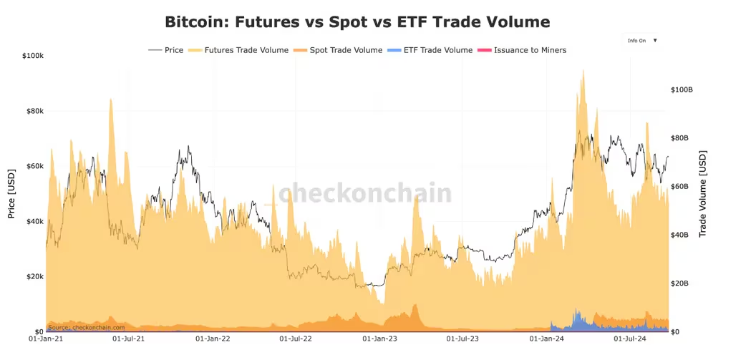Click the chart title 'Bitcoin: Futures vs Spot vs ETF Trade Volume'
point(357,21)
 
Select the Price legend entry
point(166,49)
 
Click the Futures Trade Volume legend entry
point(238,49)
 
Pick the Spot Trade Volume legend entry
point(337,49)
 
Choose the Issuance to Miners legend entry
point(521,49)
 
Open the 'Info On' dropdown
point(642,41)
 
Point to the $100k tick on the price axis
point(33,56)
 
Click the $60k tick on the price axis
point(34,166)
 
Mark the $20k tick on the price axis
point(34,277)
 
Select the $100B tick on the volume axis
point(682,89)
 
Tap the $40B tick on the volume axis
point(679,235)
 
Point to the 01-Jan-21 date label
point(47,339)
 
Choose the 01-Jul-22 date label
point(296,339)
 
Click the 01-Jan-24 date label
point(546,339)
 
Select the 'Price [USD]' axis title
point(11,193)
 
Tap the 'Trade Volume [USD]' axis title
point(702,194)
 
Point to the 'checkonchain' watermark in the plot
point(365,193)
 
